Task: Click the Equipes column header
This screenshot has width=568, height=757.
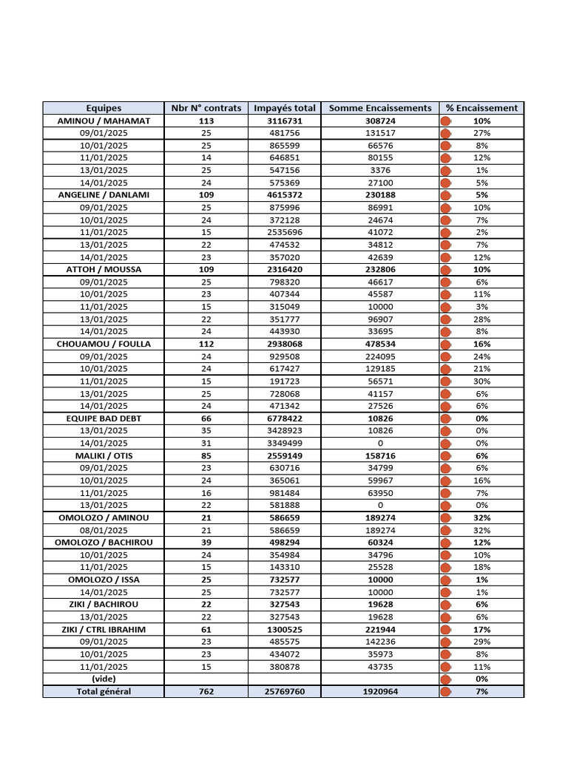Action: point(104,108)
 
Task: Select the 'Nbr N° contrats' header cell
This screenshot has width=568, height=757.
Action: point(206,108)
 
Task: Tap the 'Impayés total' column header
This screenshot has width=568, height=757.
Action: point(285,108)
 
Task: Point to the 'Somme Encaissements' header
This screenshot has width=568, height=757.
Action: point(380,108)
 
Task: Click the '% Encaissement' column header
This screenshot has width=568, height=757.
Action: point(481,108)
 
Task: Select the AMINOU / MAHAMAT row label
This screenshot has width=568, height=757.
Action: point(104,120)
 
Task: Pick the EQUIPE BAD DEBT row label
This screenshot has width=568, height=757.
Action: point(104,418)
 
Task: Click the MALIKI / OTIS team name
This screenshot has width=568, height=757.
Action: point(104,456)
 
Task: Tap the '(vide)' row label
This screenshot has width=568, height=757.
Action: point(104,679)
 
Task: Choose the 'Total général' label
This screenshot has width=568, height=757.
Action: point(104,692)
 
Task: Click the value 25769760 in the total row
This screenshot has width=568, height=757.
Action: point(285,692)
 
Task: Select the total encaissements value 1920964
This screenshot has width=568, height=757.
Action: point(380,692)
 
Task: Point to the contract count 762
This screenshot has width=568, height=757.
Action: point(206,692)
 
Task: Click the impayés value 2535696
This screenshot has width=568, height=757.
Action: point(285,232)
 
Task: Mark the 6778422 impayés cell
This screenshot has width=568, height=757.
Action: point(285,418)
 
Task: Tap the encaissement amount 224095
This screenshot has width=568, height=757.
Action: point(380,356)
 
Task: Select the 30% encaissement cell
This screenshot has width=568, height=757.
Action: point(482,381)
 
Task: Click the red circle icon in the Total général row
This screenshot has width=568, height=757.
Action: point(446,692)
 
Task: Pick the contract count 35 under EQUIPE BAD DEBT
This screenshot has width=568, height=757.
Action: point(206,431)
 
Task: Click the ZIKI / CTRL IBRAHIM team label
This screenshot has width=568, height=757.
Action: point(104,629)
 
